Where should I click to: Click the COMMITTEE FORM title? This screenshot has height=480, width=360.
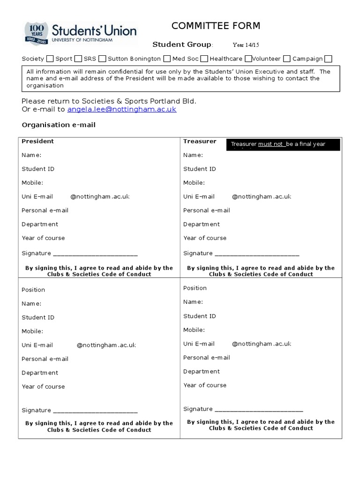click(216, 26)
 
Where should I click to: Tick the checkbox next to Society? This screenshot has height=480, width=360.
click(49, 59)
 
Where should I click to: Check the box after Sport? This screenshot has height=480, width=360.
click(78, 59)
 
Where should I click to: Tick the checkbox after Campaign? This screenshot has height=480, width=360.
click(328, 59)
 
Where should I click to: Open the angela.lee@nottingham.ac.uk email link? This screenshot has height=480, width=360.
click(121, 109)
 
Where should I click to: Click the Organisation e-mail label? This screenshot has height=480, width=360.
click(59, 125)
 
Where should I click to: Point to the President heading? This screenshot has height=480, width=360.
click(37, 141)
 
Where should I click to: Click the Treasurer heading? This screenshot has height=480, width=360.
click(200, 141)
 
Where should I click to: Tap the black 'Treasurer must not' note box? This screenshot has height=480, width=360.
click(283, 145)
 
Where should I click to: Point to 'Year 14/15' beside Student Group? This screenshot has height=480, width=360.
click(246, 45)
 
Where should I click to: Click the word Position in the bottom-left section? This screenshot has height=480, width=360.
click(33, 290)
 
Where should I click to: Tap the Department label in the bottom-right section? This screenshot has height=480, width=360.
click(201, 371)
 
